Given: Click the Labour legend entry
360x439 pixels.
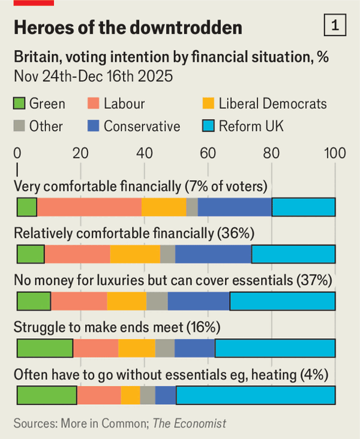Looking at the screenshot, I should tap(124, 103).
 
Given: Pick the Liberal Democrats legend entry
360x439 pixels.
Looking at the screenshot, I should tap(271, 103).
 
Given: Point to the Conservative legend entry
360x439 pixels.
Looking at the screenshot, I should tap(142, 126).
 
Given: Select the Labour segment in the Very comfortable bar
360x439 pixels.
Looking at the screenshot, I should tap(89, 207).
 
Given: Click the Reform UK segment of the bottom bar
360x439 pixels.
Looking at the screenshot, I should tap(255, 395).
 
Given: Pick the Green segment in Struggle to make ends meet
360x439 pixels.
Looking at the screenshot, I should tap(44, 348).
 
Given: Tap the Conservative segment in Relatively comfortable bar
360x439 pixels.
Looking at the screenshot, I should tap(213, 254).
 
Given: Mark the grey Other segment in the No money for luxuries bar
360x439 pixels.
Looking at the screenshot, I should tap(157, 301).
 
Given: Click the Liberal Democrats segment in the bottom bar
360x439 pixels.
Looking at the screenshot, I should tap(130, 395).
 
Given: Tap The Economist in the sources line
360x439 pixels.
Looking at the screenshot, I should tap(190, 423).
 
